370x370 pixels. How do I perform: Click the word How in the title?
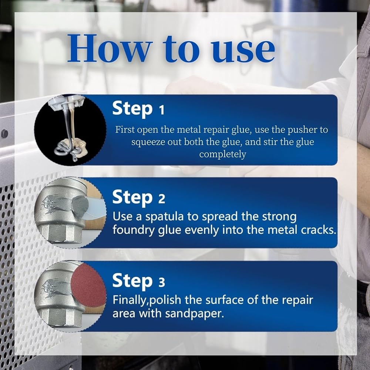(108, 48)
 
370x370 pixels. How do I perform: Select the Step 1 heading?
(138, 108)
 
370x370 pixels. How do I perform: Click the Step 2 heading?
(138, 198)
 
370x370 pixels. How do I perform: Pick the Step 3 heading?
(138, 281)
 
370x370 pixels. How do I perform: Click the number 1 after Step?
(161, 110)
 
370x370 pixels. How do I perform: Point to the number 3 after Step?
(162, 282)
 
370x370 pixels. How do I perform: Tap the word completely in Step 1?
(222, 155)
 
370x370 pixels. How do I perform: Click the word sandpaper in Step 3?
(194, 314)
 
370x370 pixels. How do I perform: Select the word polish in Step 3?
(165, 300)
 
